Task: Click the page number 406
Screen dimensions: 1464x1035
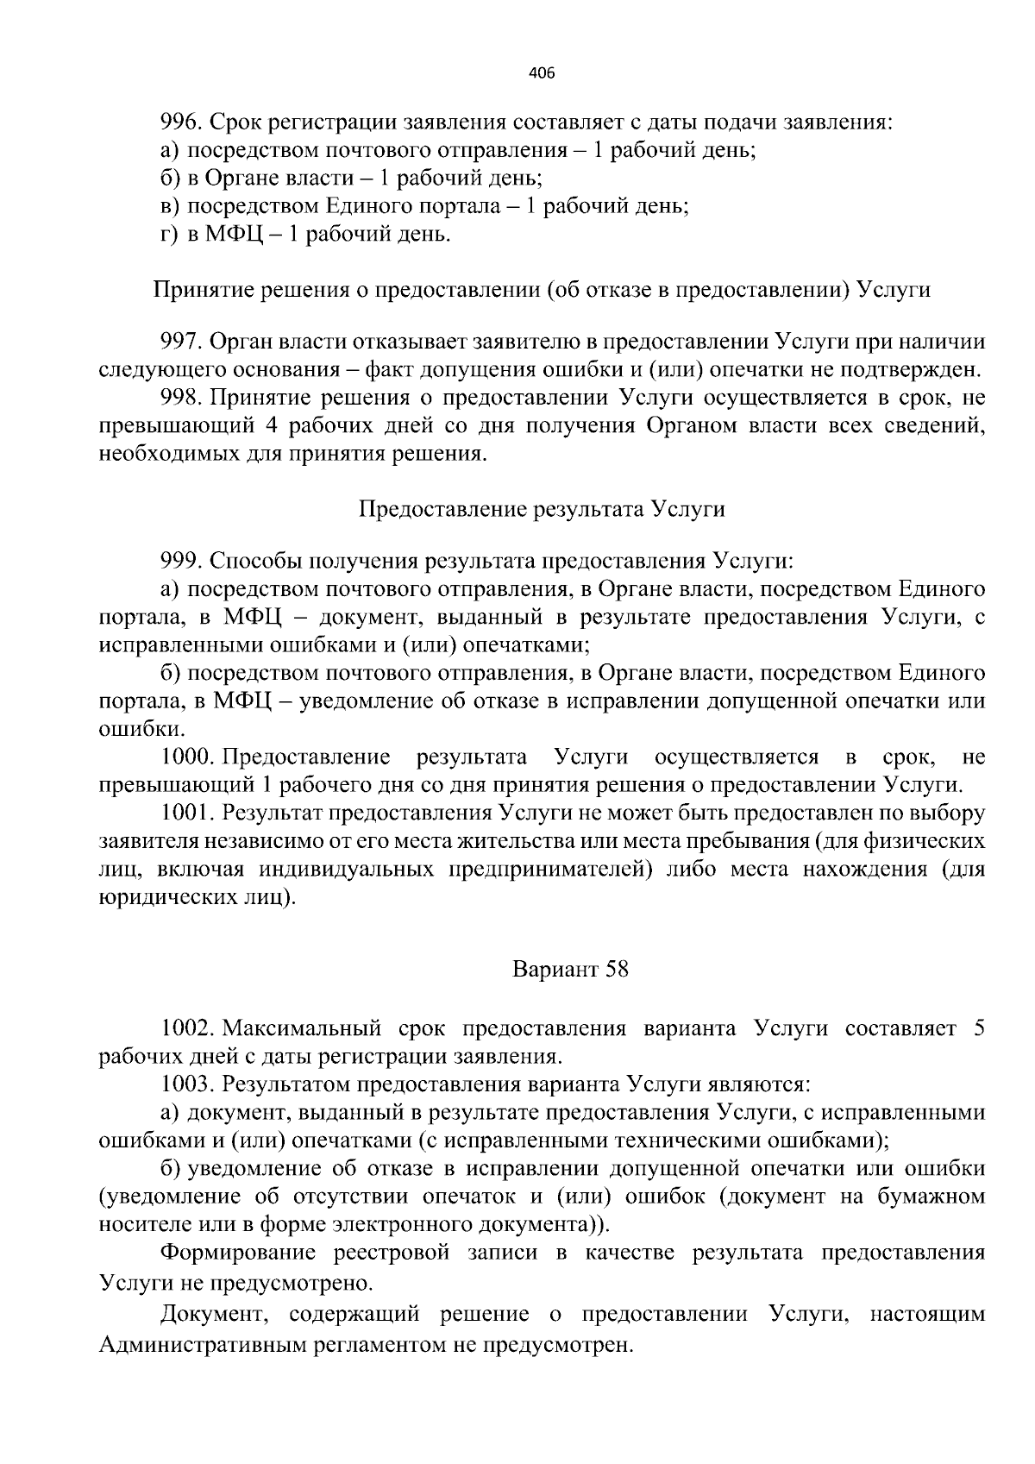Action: pyautogui.click(x=542, y=73)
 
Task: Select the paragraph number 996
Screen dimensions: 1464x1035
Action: pyautogui.click(x=180, y=122)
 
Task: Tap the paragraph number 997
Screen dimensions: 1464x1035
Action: pyautogui.click(x=180, y=342)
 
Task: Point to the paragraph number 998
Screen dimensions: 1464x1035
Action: pyautogui.click(x=180, y=398)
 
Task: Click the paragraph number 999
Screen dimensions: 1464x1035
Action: pyautogui.click(x=180, y=562)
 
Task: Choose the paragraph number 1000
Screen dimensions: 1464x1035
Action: pyautogui.click(x=187, y=757)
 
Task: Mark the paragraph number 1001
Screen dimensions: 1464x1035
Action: pyautogui.click(x=187, y=813)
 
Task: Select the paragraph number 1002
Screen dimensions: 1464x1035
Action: pyautogui.click(x=187, y=1028)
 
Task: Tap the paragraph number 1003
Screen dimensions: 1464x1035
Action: pyautogui.click(x=187, y=1084)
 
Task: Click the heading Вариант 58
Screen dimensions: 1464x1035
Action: pyautogui.click(x=570, y=969)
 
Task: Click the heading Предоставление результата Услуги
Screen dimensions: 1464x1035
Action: pyautogui.click(x=542, y=508)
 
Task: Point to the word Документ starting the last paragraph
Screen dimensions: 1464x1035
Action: pyautogui.click(x=212, y=1316)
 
